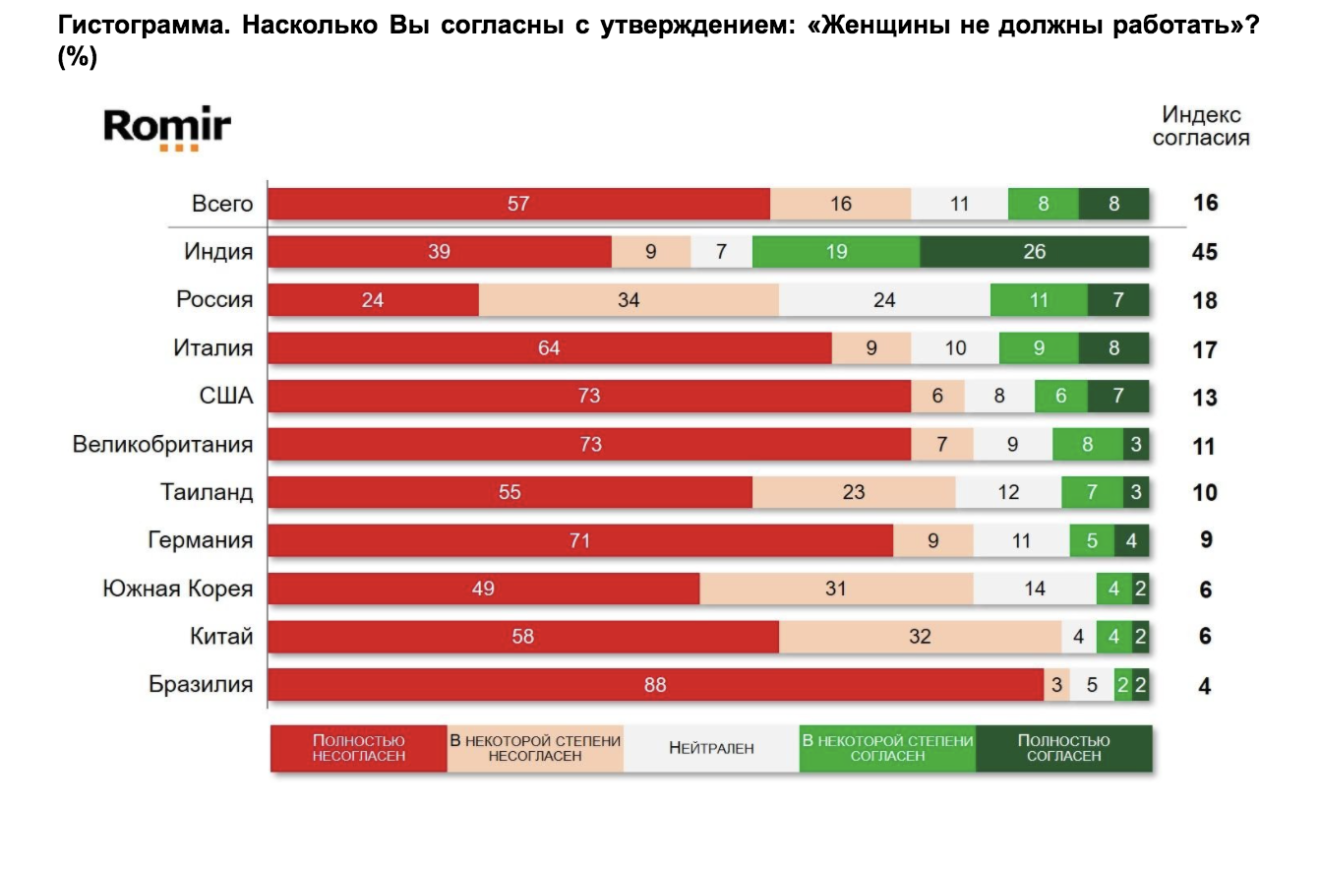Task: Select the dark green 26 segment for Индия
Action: tap(1034, 252)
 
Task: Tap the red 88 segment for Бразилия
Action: tap(655, 685)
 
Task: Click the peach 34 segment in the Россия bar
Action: tap(629, 300)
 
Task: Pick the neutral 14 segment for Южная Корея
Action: tap(1035, 589)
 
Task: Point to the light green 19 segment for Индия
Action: tap(836, 252)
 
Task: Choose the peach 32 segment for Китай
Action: tap(920, 637)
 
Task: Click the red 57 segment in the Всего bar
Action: tap(518, 204)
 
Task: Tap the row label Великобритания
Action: tap(162, 444)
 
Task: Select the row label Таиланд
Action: tap(207, 492)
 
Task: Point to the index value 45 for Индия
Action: tap(1204, 252)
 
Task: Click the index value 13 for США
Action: tap(1204, 397)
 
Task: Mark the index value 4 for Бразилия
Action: tap(1205, 685)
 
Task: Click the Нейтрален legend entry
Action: tap(711, 748)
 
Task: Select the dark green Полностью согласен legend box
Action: tap(1063, 748)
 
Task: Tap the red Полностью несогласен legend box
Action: tap(358, 748)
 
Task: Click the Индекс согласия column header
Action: tap(1201, 127)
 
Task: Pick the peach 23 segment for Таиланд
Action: tap(853, 492)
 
